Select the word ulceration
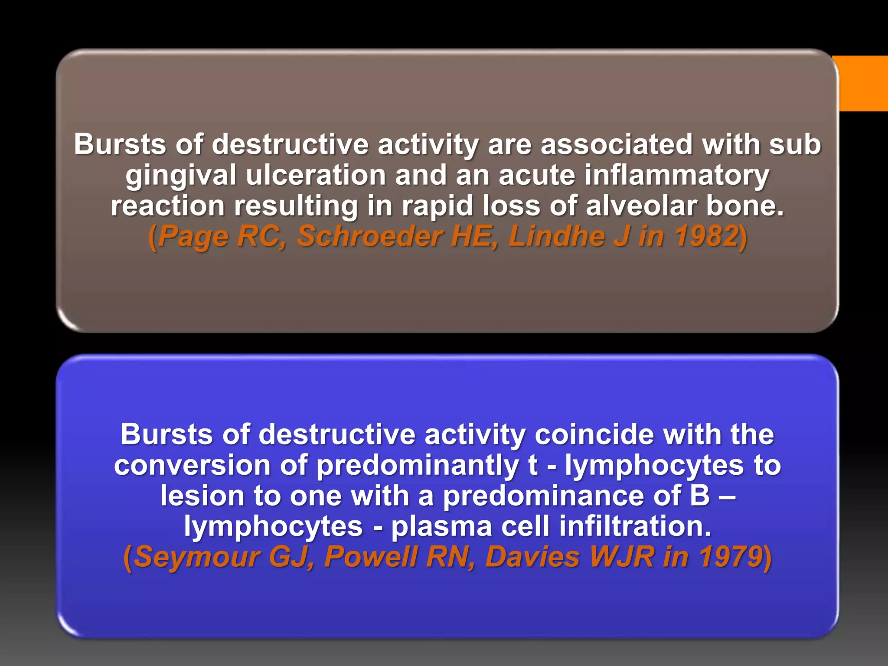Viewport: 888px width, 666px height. point(316,175)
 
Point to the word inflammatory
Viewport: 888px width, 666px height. point(677,175)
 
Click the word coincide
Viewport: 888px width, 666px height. point(594,434)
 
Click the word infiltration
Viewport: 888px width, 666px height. point(635,526)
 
